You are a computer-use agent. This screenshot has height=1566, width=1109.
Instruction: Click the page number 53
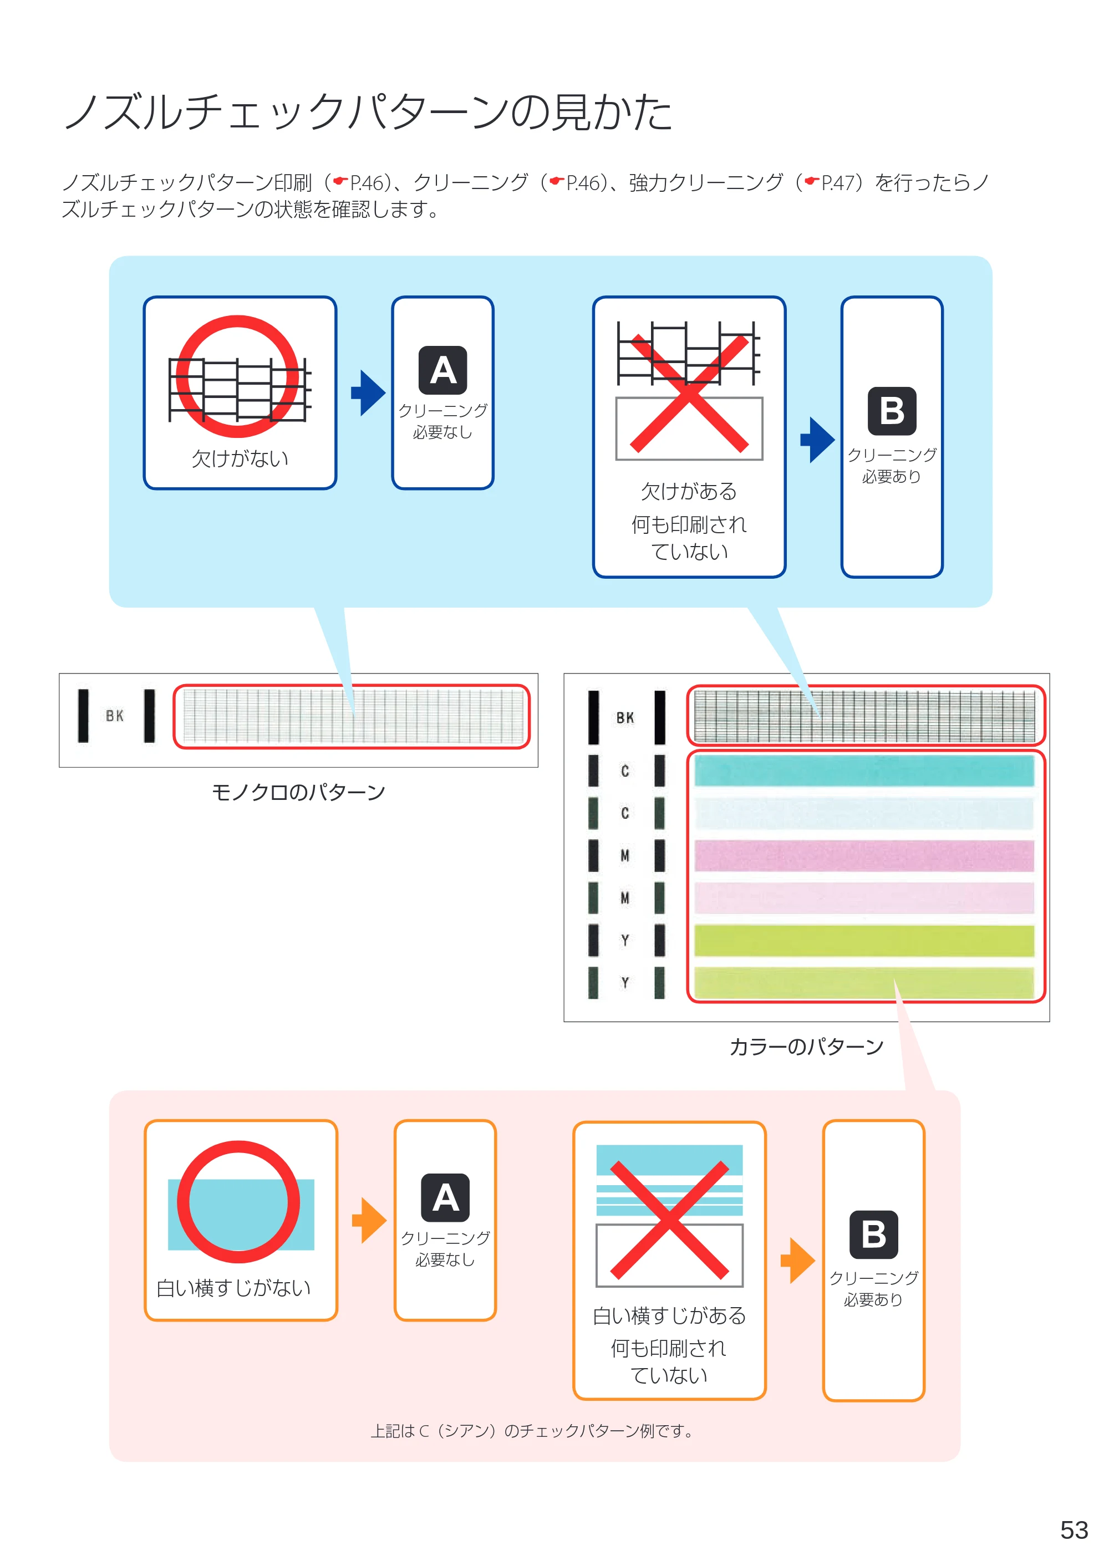tap(1074, 1529)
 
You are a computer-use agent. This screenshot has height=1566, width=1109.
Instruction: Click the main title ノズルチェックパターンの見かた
tap(369, 112)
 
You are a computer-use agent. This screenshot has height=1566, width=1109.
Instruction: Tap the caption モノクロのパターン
tap(298, 792)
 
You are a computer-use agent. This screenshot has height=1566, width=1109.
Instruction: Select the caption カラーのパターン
tap(806, 1047)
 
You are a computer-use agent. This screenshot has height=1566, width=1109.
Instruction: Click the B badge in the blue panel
tap(892, 411)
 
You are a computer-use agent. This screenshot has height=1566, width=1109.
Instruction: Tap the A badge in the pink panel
tap(445, 1197)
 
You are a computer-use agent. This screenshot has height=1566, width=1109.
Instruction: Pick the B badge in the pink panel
tap(873, 1235)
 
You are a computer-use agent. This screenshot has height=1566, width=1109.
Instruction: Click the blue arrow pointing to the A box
tap(368, 393)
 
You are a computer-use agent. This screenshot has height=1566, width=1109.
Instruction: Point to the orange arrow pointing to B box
tap(797, 1260)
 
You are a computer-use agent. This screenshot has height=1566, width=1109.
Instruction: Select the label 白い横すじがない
tap(233, 1288)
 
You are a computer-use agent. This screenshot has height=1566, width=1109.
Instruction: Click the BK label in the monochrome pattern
tap(115, 716)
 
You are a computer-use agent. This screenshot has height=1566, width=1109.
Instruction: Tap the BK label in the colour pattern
tap(625, 717)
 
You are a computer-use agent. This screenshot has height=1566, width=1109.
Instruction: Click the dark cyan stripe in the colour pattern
tap(864, 772)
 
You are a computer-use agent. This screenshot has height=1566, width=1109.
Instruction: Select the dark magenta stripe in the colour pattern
tap(864, 855)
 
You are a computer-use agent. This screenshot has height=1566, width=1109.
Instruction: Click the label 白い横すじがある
tap(669, 1315)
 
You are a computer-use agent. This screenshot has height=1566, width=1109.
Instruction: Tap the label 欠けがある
tap(688, 491)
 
